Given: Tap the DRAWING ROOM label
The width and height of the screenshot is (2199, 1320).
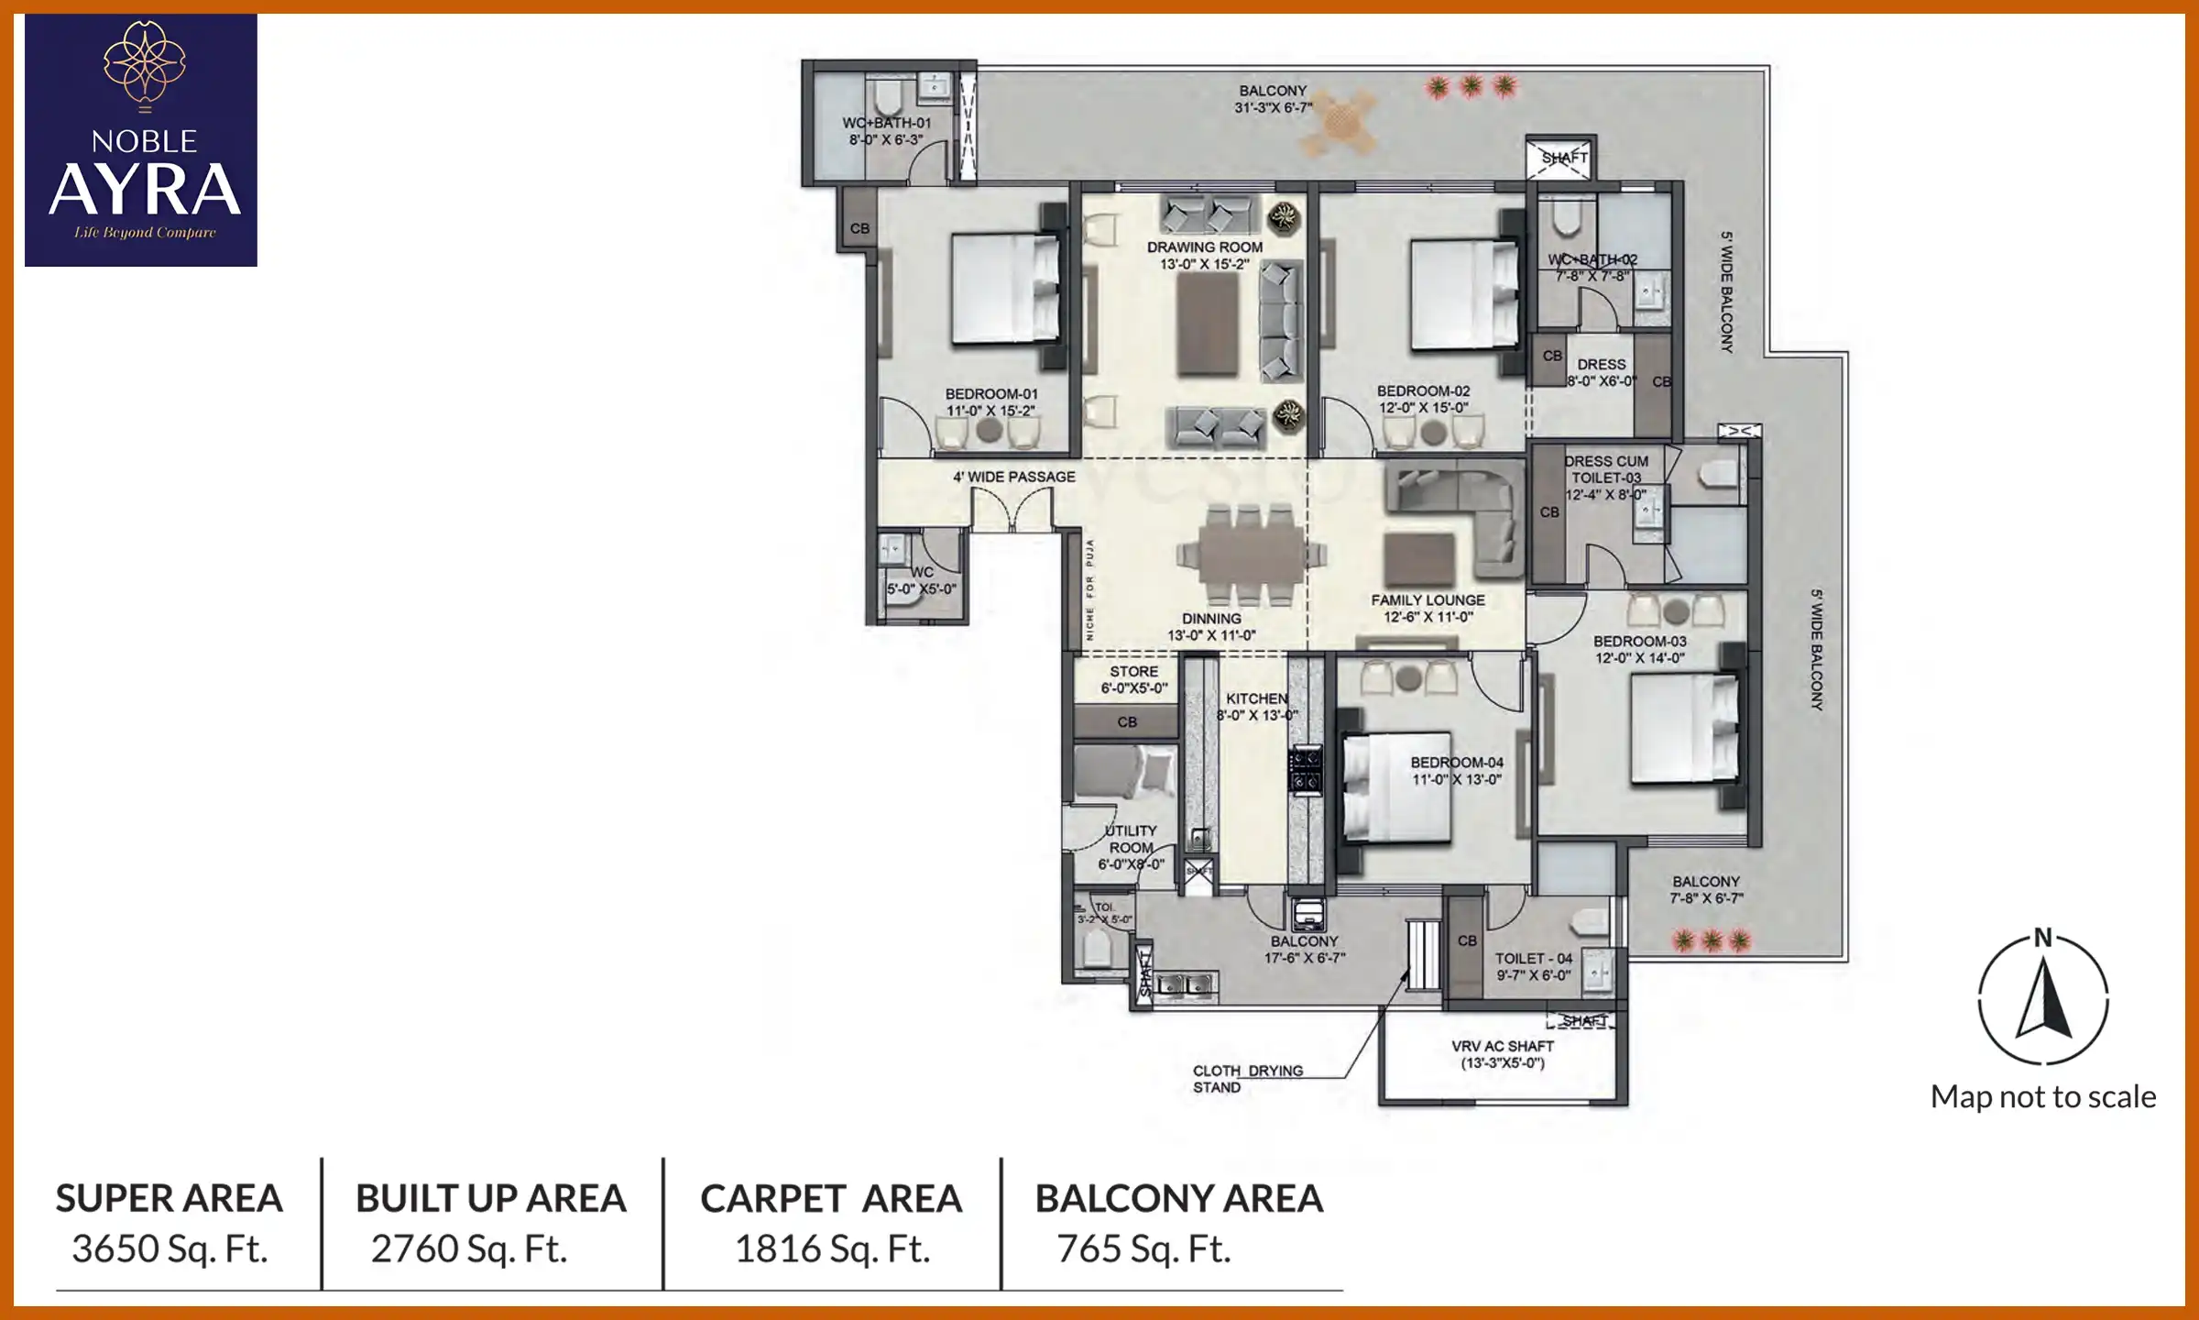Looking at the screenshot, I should point(1204,247).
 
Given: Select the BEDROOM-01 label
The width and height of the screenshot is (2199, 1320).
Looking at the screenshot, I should point(991,394).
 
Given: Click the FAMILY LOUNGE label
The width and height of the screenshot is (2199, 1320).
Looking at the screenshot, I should point(1428,600).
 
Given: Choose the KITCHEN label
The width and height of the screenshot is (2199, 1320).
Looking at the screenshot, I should point(1256,698).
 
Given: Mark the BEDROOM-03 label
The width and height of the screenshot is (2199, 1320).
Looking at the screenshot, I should point(1639,642).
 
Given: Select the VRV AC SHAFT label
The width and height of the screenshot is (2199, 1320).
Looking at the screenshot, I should point(1503,1046).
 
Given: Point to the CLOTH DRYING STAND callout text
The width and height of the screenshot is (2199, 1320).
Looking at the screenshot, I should point(1246,1079).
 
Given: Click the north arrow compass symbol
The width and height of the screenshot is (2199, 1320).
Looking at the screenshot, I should point(2043,999).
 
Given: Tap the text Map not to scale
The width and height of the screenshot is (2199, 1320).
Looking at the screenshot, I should point(2043,1097).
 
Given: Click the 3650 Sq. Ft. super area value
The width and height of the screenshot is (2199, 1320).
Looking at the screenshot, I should point(170,1248).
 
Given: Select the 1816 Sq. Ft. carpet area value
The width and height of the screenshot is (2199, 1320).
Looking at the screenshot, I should point(832,1248).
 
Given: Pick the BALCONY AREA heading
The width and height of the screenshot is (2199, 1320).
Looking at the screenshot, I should point(1179,1199).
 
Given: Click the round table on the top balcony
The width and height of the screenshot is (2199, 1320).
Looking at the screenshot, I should point(1340,120).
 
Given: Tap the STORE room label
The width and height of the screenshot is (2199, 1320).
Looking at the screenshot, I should point(1133,672).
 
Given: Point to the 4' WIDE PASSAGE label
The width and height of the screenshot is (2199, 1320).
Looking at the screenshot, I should point(1013,477).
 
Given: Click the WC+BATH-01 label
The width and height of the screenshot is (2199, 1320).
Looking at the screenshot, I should point(886,123).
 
